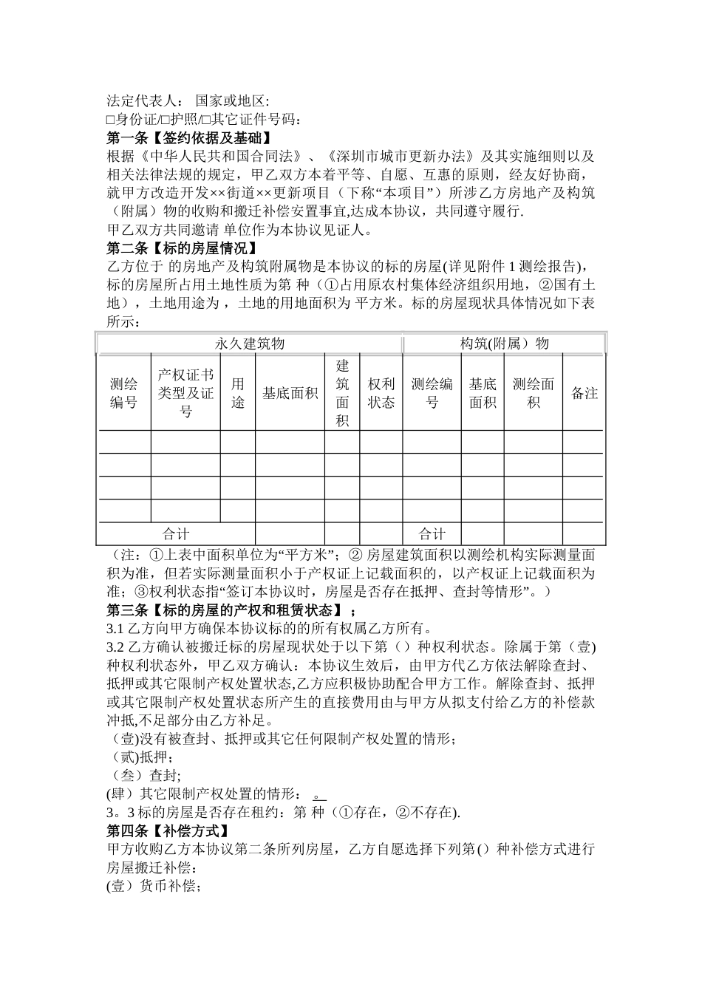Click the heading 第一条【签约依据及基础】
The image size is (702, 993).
coord(189,138)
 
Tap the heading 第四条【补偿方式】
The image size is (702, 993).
coord(167,830)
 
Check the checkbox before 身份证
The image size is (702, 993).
coord(111,120)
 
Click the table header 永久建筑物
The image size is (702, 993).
coord(249,344)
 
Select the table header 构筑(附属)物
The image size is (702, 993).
coord(504,344)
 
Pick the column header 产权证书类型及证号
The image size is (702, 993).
coord(185,392)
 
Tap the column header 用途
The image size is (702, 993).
coord(237,392)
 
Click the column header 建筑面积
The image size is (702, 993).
coord(342,392)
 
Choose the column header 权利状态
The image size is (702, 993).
coord(381,392)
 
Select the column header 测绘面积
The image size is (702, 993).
coord(533,392)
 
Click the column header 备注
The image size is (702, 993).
coord(584,393)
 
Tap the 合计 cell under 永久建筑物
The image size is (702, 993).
coord(176,534)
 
